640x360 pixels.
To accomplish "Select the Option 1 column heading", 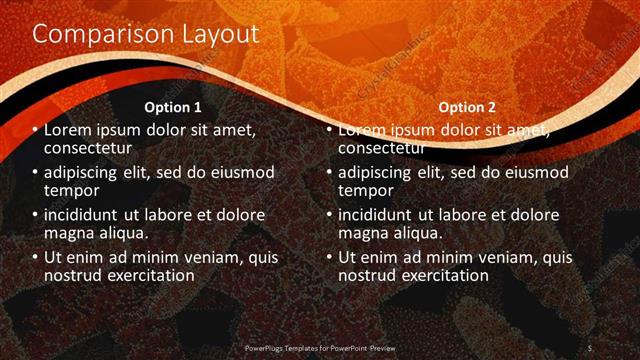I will pyautogui.click(x=173, y=107).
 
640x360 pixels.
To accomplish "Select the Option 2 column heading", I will pyautogui.click(x=466, y=107).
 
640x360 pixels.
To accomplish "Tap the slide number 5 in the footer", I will pyautogui.click(x=590, y=347).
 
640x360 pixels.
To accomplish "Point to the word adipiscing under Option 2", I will pyautogui.click(x=376, y=173).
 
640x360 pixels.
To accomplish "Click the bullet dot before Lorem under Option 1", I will pyautogui.click(x=36, y=131).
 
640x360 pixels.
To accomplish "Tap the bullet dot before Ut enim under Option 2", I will pyautogui.click(x=330, y=257).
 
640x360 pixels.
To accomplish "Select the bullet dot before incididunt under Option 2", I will pyautogui.click(x=330, y=215).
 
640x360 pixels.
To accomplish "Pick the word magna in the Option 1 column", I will pyautogui.click(x=68, y=232).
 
